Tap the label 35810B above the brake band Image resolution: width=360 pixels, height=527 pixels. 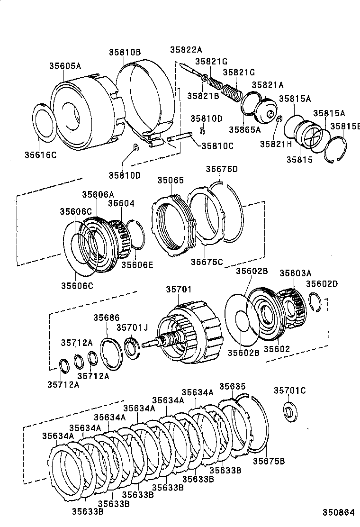[125, 52]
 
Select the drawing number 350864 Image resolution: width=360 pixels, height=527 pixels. [338, 512]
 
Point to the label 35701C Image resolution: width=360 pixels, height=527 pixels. [290, 391]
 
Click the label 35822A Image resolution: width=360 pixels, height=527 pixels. [186, 50]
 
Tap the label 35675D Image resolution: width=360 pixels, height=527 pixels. [222, 169]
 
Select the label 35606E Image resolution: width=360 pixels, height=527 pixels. [137, 264]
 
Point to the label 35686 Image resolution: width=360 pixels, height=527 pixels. [106, 318]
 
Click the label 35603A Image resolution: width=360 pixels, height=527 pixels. [295, 273]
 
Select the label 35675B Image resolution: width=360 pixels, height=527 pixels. [268, 461]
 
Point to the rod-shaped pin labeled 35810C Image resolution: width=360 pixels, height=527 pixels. [180, 139]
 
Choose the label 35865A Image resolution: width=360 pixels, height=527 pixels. [245, 128]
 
